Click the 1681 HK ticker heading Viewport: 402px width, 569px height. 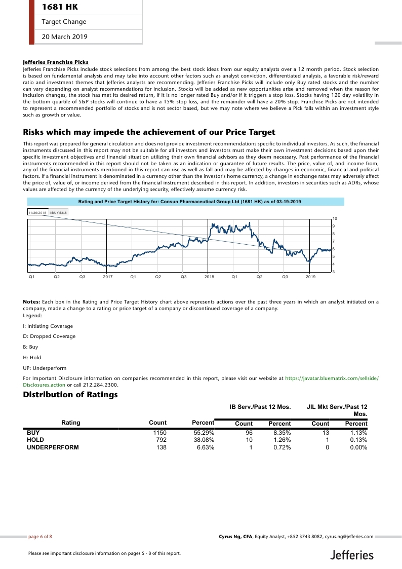point(60,7)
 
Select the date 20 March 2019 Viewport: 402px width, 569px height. point(64,36)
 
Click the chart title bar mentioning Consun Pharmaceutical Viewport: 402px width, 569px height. point(189,202)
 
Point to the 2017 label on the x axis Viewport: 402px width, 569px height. point(107,277)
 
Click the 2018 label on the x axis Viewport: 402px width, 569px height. point(209,277)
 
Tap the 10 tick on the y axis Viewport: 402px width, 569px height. point(335,218)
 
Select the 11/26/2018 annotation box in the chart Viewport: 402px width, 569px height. point(37,212)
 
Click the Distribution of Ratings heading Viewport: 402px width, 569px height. point(70,395)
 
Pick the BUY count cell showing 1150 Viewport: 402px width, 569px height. point(159,433)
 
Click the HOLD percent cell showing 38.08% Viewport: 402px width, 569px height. point(204,440)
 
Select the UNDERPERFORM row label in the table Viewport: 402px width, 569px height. point(53,448)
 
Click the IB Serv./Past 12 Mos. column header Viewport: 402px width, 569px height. point(260,406)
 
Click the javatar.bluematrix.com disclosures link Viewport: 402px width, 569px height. point(332,378)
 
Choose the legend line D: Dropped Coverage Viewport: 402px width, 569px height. point(49,336)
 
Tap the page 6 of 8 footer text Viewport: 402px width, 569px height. point(40,536)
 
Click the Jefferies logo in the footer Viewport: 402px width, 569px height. point(352,555)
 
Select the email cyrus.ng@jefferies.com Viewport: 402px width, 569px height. point(349,536)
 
